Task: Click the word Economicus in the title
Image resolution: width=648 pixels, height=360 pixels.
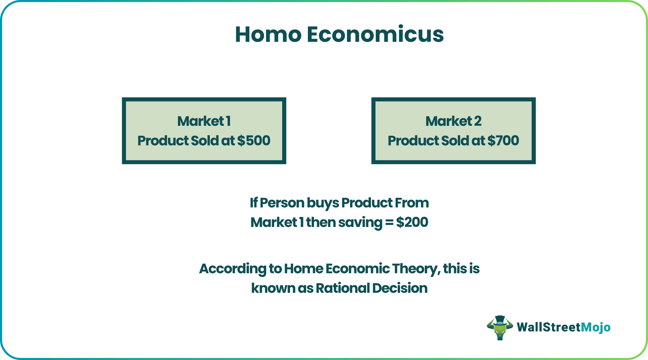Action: [x=375, y=35]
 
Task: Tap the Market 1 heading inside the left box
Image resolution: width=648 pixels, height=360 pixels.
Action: [x=204, y=121]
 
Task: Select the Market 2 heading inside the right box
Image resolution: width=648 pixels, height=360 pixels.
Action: [x=453, y=121]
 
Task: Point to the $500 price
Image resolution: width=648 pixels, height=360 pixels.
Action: [x=254, y=141]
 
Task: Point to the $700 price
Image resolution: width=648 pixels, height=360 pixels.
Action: [x=503, y=141]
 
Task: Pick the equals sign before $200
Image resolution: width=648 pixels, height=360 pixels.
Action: [x=389, y=223]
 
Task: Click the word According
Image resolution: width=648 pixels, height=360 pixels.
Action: [x=232, y=269]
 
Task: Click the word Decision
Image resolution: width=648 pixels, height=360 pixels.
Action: [x=400, y=288]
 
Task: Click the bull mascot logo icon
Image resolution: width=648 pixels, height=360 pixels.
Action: [x=500, y=327]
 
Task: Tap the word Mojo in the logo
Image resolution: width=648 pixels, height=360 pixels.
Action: [x=596, y=327]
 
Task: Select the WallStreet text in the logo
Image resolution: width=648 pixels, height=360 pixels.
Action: [x=548, y=327]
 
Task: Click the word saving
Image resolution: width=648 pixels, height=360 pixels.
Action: [x=360, y=223]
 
